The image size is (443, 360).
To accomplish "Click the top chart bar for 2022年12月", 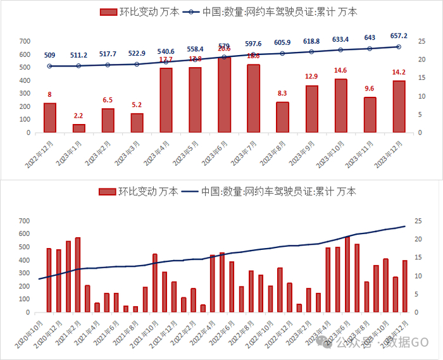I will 50,118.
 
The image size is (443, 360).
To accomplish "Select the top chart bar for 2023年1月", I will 79,128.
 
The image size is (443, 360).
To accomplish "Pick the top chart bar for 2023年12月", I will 399,106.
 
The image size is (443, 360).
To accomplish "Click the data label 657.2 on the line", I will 398,35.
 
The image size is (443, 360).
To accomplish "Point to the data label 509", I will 51,54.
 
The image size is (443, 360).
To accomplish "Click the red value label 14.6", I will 340,70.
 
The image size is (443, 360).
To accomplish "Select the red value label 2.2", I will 79,116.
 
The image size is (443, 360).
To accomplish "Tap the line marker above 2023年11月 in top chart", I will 370,49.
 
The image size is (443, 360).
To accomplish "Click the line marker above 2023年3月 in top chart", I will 137,64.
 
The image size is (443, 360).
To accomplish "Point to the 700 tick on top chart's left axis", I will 25,41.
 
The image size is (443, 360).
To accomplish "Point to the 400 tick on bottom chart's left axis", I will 25,260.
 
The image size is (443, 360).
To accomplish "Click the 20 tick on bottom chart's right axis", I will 418,239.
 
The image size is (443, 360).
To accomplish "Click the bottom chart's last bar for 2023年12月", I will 404,286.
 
